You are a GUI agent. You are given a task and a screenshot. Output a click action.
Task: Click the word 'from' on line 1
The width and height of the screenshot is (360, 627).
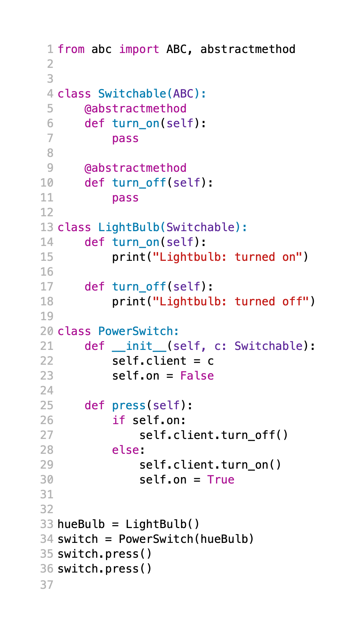pyautogui.click(x=71, y=49)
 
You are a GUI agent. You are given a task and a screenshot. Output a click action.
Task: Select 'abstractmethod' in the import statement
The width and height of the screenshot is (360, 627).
pyautogui.click(x=248, y=49)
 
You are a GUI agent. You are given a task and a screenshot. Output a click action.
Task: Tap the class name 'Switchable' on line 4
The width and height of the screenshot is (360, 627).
pyautogui.click(x=132, y=94)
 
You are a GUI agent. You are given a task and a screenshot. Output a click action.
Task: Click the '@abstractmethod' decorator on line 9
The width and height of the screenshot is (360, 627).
pyautogui.click(x=135, y=168)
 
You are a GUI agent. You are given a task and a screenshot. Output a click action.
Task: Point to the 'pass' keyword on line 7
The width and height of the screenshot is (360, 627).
pyautogui.click(x=125, y=138)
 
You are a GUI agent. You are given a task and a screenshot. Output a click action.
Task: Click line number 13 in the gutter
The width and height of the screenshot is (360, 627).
pyautogui.click(x=47, y=227)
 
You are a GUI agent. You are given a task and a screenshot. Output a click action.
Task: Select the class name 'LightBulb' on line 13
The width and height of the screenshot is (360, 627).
pyautogui.click(x=128, y=227)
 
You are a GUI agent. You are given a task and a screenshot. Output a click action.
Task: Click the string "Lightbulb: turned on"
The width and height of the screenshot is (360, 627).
pyautogui.click(x=227, y=257)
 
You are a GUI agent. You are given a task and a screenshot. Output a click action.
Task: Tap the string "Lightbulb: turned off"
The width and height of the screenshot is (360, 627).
pyautogui.click(x=231, y=301)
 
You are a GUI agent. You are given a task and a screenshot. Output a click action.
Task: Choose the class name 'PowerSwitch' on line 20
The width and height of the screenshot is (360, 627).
pyautogui.click(x=135, y=331)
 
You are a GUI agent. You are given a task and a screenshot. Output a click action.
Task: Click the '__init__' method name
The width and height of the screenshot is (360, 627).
pyautogui.click(x=139, y=346)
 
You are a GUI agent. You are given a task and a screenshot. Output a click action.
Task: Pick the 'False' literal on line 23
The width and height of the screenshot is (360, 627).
pyautogui.click(x=197, y=376)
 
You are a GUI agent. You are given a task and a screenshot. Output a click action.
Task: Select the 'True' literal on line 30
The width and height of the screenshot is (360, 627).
pyautogui.click(x=221, y=480)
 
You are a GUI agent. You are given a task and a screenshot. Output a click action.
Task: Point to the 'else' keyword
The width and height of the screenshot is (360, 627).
pyautogui.click(x=125, y=450)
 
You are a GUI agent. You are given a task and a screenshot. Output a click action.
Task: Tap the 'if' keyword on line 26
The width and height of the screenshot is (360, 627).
pyautogui.click(x=118, y=420)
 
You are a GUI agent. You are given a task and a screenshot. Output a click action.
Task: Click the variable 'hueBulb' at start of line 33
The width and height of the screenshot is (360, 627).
pyautogui.click(x=81, y=524)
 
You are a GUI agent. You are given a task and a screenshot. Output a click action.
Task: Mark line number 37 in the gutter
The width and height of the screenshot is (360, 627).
pyautogui.click(x=47, y=585)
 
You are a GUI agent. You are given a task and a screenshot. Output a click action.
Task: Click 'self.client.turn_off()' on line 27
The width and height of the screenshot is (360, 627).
pyautogui.click(x=214, y=435)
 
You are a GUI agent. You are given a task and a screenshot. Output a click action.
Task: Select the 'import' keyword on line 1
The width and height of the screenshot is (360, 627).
pyautogui.click(x=139, y=49)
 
